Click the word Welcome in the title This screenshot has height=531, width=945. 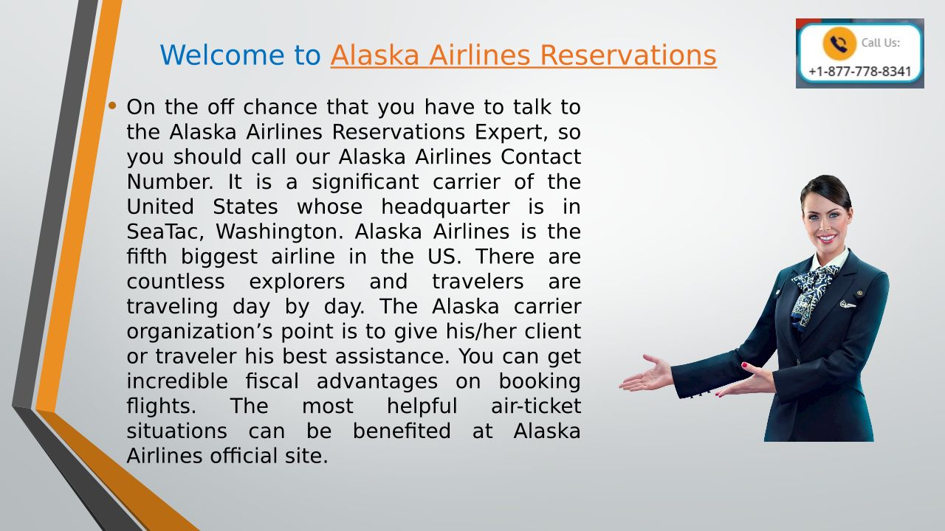click(222, 55)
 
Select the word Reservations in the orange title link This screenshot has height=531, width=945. click(628, 55)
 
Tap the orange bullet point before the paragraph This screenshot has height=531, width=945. click(111, 105)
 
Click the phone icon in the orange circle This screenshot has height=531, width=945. click(839, 43)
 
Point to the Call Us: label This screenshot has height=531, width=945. click(881, 43)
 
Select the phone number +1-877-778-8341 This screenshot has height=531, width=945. click(860, 72)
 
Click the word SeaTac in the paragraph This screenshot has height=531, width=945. click(165, 232)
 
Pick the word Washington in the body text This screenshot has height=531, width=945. click(280, 232)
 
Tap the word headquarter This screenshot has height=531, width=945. click(445, 207)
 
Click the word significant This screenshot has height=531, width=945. click(365, 182)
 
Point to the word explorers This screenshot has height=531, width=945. click(297, 282)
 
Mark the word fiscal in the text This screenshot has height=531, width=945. click(272, 381)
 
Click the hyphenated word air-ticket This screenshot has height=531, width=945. click(536, 406)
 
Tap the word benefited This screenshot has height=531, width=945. click(402, 431)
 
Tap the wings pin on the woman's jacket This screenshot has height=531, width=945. click(847, 305)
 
